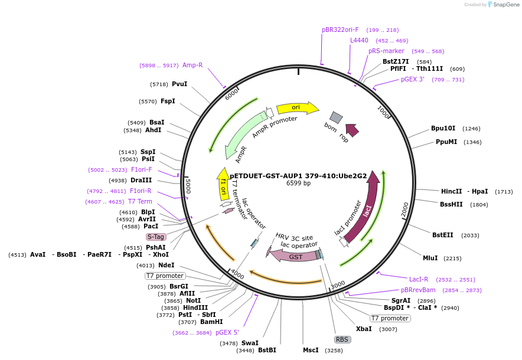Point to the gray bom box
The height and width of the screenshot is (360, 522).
[336, 117]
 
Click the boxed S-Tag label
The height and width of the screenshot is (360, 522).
[156, 237]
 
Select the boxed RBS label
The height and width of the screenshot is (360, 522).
[342, 339]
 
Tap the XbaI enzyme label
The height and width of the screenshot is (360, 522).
[364, 329]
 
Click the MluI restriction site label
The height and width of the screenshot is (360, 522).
[430, 258]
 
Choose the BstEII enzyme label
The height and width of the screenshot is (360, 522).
[442, 235]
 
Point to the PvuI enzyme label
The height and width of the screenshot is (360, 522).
[180, 84]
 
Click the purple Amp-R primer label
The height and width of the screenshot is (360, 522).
[193, 65]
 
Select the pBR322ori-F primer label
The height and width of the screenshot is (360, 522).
[340, 30]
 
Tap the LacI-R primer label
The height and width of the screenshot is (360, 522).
[419, 279]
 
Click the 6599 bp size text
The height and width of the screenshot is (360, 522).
[298, 184]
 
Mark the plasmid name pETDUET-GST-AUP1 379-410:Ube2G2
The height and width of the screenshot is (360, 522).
[298, 175]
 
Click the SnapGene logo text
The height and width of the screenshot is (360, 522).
[506, 5]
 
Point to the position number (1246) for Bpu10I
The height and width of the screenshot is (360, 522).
[471, 128]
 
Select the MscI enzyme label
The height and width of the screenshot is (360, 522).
[311, 350]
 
